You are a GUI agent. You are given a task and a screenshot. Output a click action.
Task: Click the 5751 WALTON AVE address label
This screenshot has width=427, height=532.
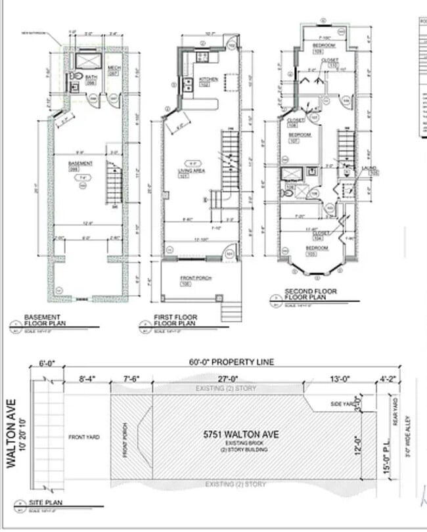coord(240,434)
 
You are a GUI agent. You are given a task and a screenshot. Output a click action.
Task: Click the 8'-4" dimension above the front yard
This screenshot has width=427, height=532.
coord(86,378)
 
